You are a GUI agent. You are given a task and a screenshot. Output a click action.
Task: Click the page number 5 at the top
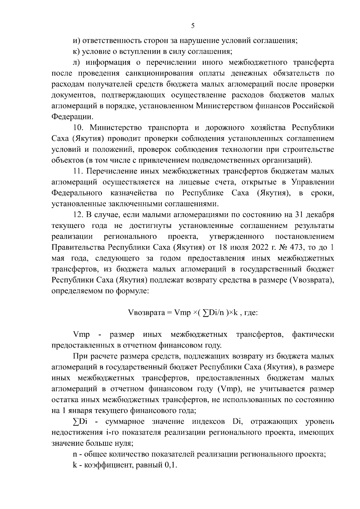(193, 26)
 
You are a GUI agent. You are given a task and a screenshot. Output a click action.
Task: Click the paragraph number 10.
(78, 127)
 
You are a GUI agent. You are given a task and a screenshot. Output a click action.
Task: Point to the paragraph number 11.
(78, 171)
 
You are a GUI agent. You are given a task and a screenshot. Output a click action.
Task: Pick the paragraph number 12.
(78, 215)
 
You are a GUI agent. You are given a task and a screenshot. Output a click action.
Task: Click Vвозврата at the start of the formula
(146, 313)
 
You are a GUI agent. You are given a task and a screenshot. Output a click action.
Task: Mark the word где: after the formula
(251, 313)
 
